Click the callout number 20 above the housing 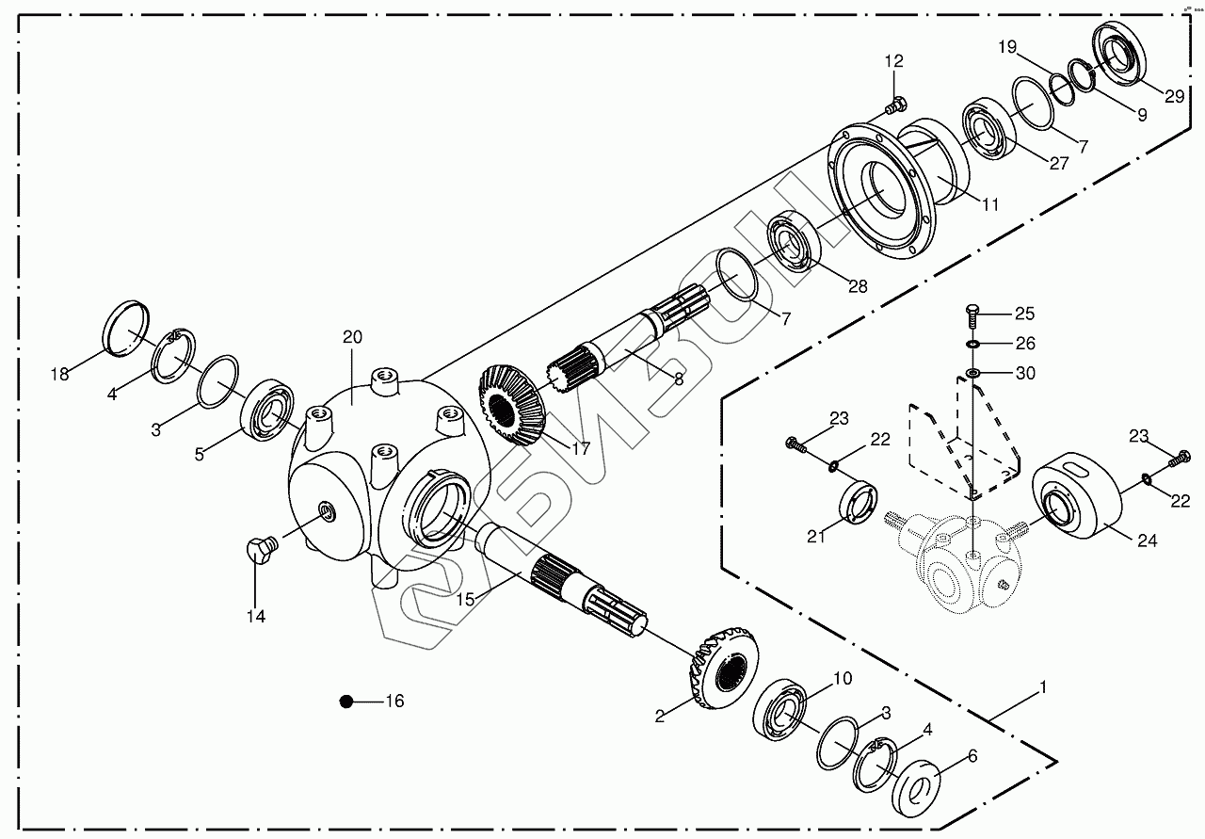pyautogui.click(x=352, y=337)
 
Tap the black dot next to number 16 pyautogui.click(x=347, y=702)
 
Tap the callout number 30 pyautogui.click(x=1025, y=374)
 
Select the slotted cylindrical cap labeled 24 pyautogui.click(x=1079, y=500)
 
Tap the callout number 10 pyautogui.click(x=842, y=677)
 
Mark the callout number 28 pyautogui.click(x=857, y=287)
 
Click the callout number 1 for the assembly pyautogui.click(x=1041, y=687)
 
